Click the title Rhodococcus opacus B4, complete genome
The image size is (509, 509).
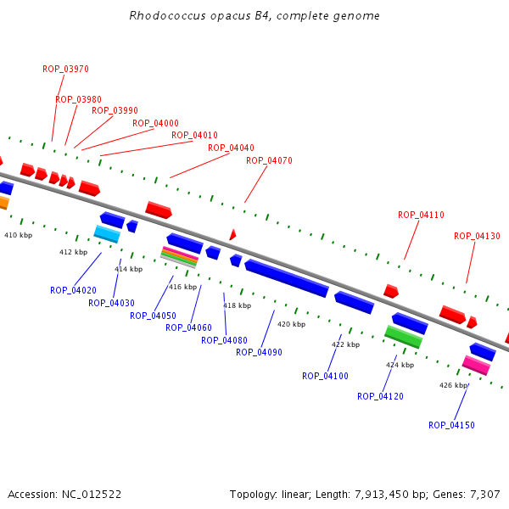(255, 16)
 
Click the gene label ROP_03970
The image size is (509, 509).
(65, 69)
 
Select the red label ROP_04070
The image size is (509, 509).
(269, 160)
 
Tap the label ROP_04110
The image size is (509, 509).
(421, 215)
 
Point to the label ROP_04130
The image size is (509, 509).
(477, 236)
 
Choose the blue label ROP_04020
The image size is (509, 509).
(73, 290)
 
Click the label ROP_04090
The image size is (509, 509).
(259, 352)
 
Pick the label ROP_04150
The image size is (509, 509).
(451, 425)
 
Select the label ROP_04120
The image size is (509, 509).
(380, 396)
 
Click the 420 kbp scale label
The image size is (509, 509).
(291, 324)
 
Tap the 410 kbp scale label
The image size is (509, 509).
(18, 235)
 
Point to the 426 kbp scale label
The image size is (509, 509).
(453, 385)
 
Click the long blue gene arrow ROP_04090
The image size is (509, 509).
(287, 278)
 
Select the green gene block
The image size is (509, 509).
(404, 337)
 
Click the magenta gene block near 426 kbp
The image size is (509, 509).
(476, 365)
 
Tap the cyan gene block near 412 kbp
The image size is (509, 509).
(107, 233)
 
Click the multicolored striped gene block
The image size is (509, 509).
(179, 256)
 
